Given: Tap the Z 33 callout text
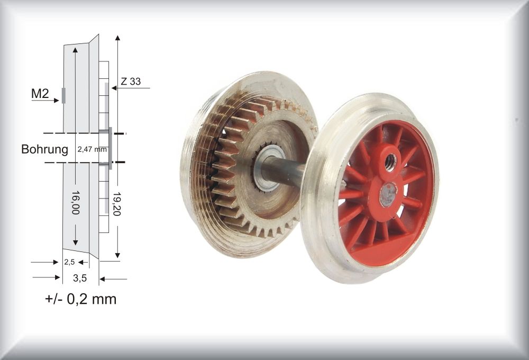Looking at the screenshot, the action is point(131,82).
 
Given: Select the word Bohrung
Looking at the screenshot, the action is point(44,149).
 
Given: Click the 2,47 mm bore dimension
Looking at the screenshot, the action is point(92,149).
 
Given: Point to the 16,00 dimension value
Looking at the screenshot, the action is point(75,203).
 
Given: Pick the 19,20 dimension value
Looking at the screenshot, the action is point(117,205).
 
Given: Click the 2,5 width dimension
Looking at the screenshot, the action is point(69,262).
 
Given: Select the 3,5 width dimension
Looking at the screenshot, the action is point(80,278).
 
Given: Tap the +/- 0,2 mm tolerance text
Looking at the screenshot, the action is point(80,299).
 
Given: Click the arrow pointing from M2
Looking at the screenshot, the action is point(45,100).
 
